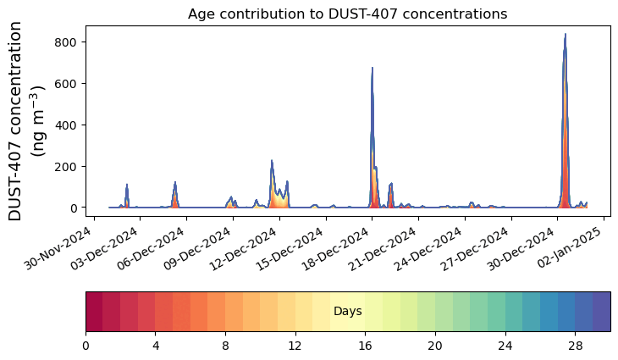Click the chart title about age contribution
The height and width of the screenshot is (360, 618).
[347, 14]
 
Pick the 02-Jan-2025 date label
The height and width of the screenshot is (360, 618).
[572, 243]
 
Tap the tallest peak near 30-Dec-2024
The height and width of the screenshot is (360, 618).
[566, 35]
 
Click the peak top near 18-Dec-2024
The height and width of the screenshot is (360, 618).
[372, 69]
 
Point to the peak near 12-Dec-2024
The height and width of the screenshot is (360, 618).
[272, 161]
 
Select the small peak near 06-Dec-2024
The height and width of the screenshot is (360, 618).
[175, 183]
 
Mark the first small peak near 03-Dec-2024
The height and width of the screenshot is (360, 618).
[127, 185]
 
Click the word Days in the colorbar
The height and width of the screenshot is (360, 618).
[347, 312]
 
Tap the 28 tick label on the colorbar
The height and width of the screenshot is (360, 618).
[575, 346]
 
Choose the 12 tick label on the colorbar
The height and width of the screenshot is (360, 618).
[295, 346]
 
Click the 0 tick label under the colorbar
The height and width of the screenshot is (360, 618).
[86, 346]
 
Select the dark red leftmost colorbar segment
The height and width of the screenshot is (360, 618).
[94, 311]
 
